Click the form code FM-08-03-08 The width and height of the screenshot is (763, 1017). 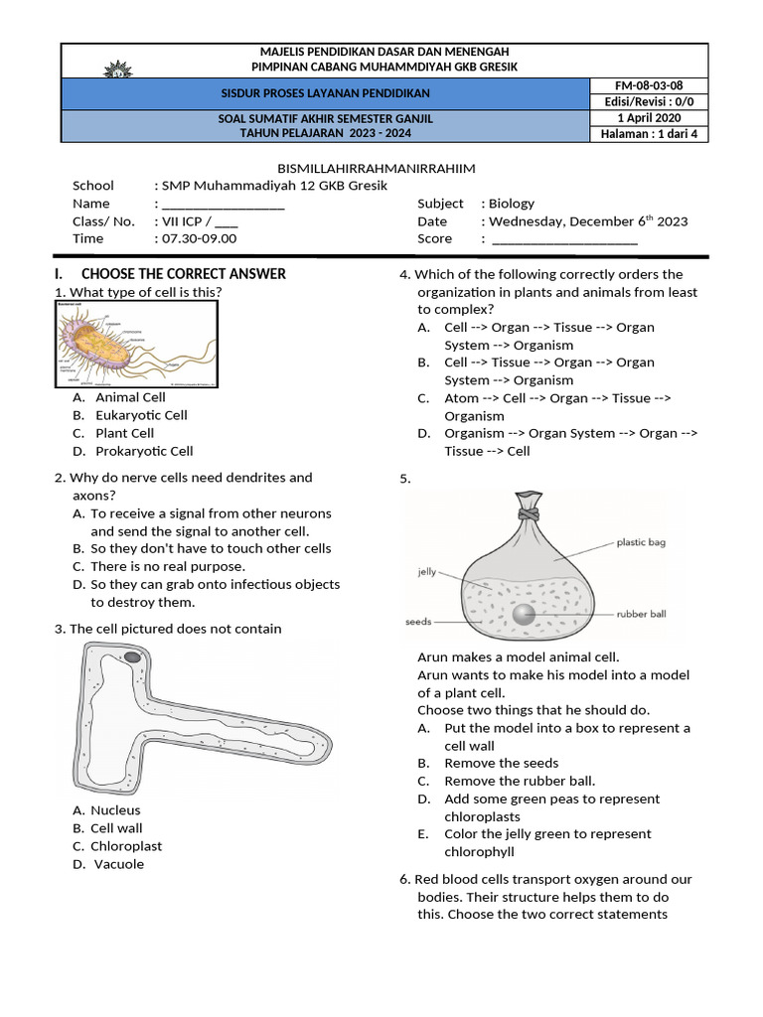[649, 86]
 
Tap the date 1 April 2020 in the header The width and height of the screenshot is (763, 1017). [649, 118]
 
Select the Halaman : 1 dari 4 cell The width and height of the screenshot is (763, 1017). [649, 134]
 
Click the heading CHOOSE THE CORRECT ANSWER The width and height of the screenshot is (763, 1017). [184, 273]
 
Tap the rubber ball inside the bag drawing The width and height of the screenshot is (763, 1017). [524, 615]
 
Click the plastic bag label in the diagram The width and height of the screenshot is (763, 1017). [647, 543]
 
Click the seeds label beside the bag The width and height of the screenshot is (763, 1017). [418, 623]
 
